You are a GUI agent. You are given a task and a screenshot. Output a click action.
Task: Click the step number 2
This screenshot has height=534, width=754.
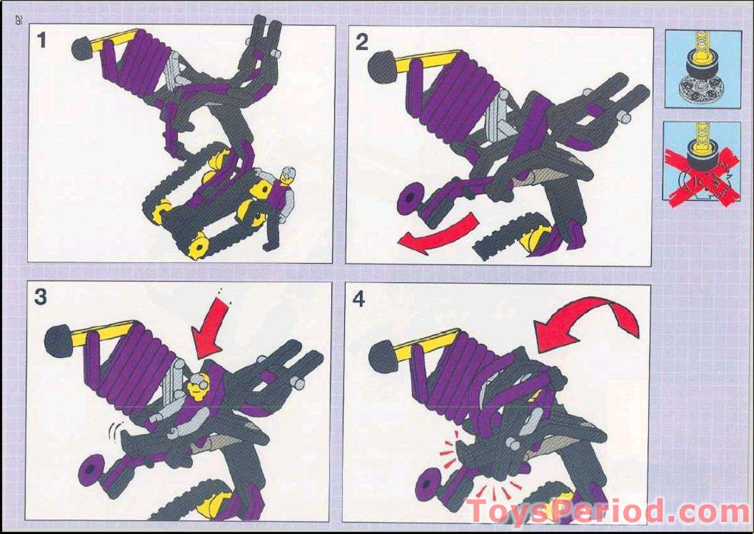point(362,43)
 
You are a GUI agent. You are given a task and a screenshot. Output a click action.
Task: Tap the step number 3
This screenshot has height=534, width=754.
point(40,297)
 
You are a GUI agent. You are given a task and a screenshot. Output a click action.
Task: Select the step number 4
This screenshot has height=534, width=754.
point(358,300)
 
